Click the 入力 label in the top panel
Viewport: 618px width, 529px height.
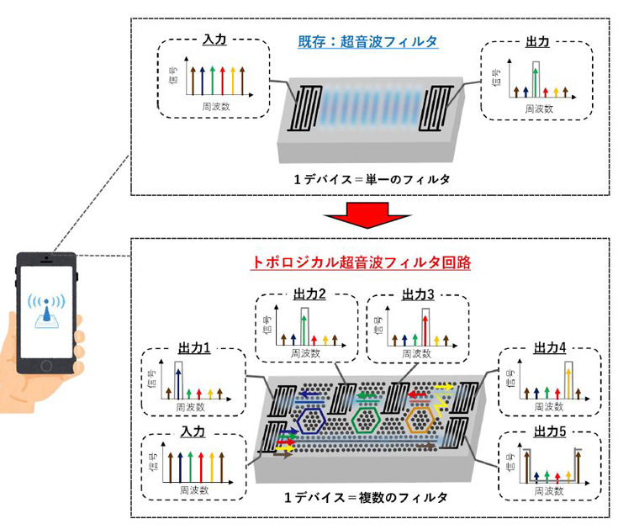214,40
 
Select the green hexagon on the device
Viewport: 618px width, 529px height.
367,419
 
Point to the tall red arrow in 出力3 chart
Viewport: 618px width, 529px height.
427,329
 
